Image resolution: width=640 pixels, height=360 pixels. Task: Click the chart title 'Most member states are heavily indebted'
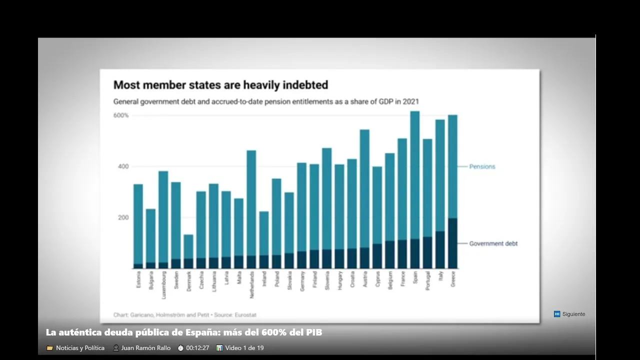(x=220, y=85)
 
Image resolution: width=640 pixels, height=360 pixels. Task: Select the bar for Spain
(x=414, y=190)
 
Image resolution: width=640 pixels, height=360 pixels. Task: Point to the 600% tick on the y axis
(x=120, y=115)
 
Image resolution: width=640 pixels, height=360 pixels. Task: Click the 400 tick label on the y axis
(x=123, y=166)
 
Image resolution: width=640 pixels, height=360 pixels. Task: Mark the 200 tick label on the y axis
(x=123, y=217)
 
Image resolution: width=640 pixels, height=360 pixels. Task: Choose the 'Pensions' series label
(x=482, y=166)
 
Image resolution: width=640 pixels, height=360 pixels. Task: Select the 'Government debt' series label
(x=493, y=243)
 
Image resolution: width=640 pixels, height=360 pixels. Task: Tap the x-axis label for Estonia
(x=138, y=279)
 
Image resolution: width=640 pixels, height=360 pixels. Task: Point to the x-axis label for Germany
(x=302, y=280)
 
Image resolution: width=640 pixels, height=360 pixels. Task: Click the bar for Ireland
(x=264, y=240)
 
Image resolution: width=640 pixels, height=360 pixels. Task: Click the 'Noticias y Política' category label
(x=80, y=348)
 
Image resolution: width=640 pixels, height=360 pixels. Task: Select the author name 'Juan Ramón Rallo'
(x=145, y=348)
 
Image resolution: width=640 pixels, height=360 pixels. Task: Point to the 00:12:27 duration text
(x=197, y=348)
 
